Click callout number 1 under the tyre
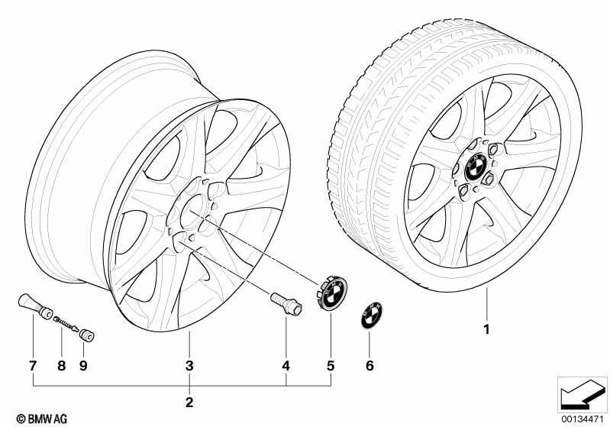point(486,329)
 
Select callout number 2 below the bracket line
point(189,402)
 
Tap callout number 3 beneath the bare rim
point(189,366)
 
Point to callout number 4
point(286,366)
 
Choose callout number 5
point(331,366)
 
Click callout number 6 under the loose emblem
point(370,366)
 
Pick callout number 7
point(33,366)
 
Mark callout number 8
point(62,366)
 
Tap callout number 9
point(83,366)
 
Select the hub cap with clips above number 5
point(331,292)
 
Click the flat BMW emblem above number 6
point(372,315)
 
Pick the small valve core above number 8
point(66,323)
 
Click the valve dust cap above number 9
point(86,335)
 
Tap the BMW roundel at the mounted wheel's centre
point(476,167)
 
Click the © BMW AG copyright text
point(42,419)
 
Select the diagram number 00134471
point(582,419)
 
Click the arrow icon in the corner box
point(582,394)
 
